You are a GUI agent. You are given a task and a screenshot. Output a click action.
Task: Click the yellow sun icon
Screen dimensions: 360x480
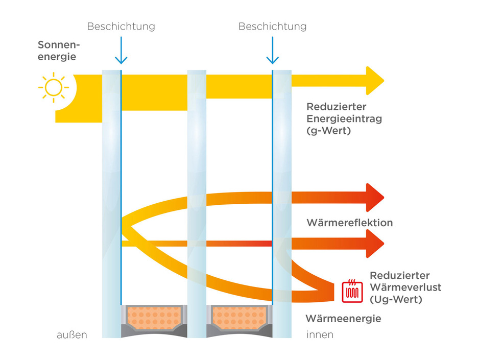pyautogui.click(x=53, y=87)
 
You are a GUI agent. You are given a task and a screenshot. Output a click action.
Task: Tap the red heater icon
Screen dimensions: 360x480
pyautogui.click(x=352, y=291)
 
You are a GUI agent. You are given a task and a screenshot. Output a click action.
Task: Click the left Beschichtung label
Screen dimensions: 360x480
pyautogui.click(x=121, y=26)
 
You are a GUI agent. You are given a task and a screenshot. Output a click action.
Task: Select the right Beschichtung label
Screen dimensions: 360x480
pyautogui.click(x=273, y=26)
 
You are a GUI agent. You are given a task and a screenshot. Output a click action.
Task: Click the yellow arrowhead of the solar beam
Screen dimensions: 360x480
pyautogui.click(x=375, y=81)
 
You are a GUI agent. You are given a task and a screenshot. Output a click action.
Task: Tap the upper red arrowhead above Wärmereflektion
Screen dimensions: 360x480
pyautogui.click(x=375, y=197)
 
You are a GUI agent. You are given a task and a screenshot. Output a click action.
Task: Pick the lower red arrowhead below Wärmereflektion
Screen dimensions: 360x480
pyautogui.click(x=375, y=244)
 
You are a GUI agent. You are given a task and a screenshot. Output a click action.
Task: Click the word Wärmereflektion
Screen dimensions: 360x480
pyautogui.click(x=349, y=223)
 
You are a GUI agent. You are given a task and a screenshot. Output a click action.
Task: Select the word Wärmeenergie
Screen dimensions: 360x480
pyautogui.click(x=343, y=319)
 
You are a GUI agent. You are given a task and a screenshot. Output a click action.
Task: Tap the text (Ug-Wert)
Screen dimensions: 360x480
pyautogui.click(x=396, y=300)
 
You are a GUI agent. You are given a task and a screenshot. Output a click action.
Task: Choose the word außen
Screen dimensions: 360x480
pyautogui.click(x=72, y=335)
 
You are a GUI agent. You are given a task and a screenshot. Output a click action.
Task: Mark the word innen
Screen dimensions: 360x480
pyautogui.click(x=320, y=335)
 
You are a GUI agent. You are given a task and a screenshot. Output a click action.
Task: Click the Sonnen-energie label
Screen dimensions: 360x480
pyautogui.click(x=59, y=51)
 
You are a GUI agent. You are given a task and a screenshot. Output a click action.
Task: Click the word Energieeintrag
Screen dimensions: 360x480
pyautogui.click(x=344, y=119)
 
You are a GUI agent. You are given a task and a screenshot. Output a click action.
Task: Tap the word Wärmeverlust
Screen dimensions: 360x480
pyautogui.click(x=405, y=287)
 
